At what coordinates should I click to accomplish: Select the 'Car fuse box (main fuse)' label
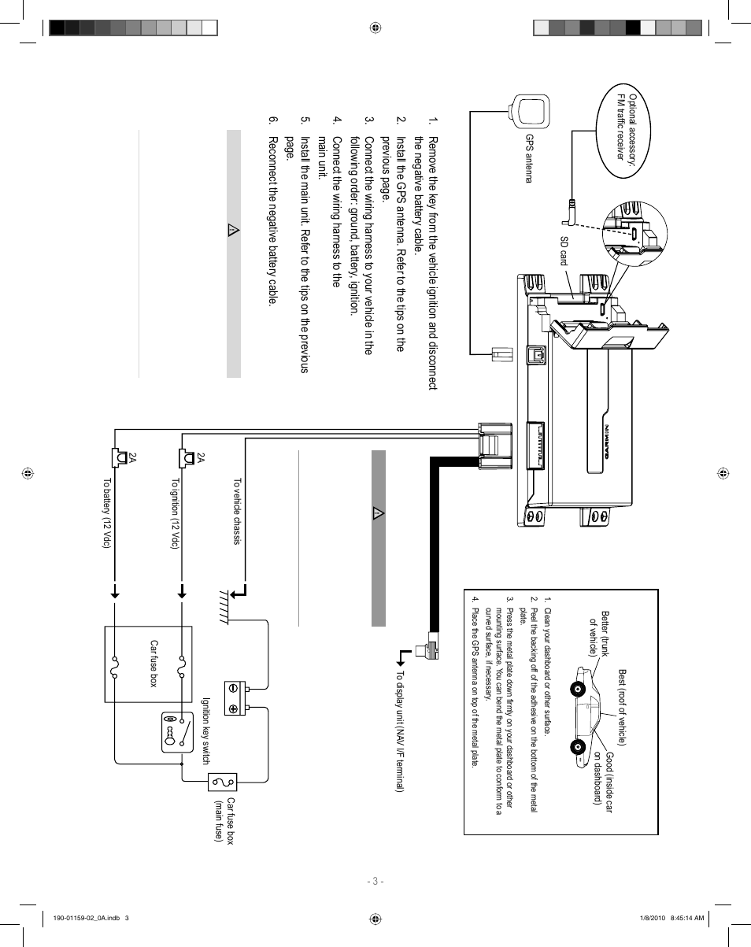pyautogui.click(x=225, y=819)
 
